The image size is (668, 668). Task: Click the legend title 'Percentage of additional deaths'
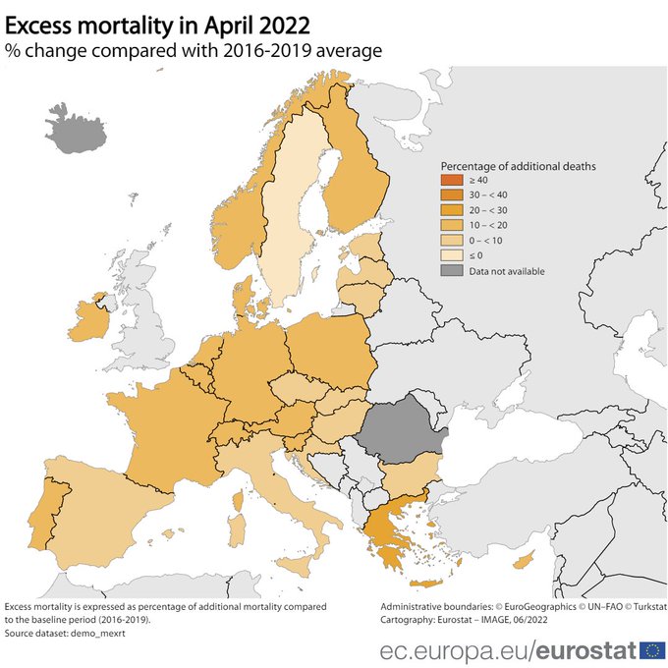click(x=518, y=166)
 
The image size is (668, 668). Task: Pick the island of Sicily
click(x=297, y=564)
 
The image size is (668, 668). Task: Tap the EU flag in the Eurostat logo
click(x=651, y=649)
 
